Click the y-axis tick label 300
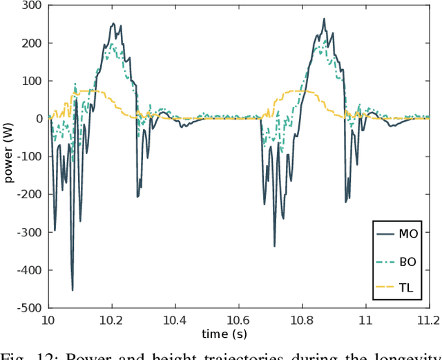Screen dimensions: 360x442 tap(32, 6)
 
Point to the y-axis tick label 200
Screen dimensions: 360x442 tap(32, 43)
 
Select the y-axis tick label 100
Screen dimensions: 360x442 tap(32, 81)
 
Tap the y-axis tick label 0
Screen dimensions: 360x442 tap(39, 119)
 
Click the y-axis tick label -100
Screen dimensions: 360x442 tap(30, 157)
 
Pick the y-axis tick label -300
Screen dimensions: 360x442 tap(30, 232)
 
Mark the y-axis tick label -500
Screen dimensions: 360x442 tap(30, 307)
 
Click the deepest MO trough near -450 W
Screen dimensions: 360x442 tap(73, 290)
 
